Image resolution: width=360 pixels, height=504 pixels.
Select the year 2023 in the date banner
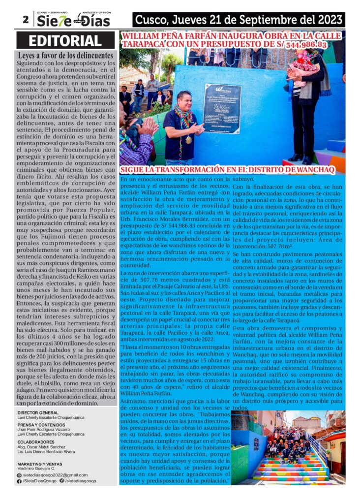326,20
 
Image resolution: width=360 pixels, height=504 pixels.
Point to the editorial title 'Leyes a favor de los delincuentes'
66,55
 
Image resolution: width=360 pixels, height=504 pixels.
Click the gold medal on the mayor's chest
188,140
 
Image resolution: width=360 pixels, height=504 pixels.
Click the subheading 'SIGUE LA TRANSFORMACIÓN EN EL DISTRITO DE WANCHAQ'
228,170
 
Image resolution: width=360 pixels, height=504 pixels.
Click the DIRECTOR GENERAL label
38,412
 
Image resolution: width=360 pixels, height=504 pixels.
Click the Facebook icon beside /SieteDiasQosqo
19,481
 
